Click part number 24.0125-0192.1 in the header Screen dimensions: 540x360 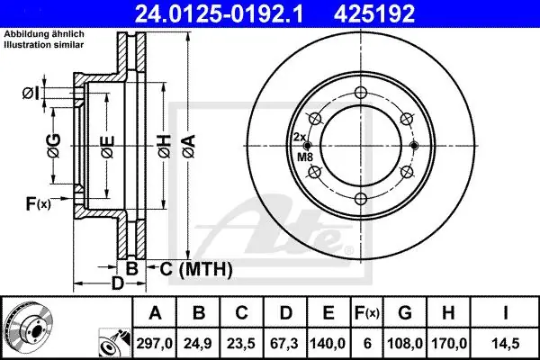[219, 13]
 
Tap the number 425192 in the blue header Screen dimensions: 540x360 [374, 13]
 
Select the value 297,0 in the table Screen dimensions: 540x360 [155, 344]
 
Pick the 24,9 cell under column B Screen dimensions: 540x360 [198, 344]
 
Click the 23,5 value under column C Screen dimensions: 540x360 [242, 344]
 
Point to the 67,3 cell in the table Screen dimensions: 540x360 [285, 344]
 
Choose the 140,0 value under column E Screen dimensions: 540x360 [328, 344]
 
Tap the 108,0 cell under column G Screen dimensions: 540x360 [405, 344]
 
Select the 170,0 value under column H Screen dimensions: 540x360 [448, 344]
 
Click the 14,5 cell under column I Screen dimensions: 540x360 [506, 344]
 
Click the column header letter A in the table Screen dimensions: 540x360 [155, 313]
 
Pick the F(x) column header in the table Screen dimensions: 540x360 [367, 313]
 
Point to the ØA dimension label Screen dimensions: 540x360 [190, 147]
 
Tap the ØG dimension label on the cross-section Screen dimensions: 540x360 [55, 146]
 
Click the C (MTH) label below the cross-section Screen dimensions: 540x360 [196, 269]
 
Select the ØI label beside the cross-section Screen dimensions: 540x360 [31, 94]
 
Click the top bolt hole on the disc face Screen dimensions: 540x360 [361, 93]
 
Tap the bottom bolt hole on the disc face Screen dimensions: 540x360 [361, 199]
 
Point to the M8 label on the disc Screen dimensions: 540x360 [305, 157]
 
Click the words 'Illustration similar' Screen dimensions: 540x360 [44, 45]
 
